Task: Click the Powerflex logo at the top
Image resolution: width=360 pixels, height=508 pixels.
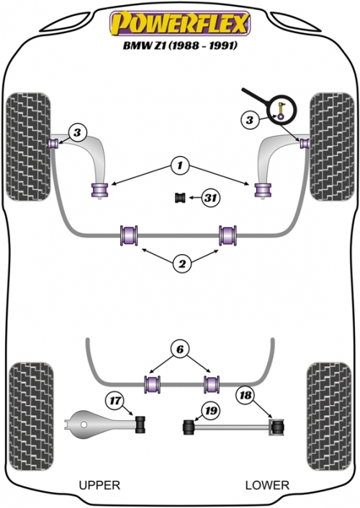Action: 180,23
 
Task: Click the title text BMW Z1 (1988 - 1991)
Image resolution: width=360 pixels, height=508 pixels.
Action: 180,45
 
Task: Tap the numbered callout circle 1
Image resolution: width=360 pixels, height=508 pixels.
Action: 180,166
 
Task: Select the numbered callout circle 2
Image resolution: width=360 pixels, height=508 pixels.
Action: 182,264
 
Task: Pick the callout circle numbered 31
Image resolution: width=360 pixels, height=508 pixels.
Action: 211,197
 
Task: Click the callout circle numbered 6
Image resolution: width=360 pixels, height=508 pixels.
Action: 180,349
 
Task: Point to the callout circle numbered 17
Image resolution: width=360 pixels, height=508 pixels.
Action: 114,401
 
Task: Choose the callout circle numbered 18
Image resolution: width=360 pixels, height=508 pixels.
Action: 246,395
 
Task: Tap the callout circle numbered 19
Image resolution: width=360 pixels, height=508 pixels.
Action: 211,411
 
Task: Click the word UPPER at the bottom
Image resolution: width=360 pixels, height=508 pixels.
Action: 99,485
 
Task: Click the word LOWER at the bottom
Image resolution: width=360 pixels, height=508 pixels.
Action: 267,485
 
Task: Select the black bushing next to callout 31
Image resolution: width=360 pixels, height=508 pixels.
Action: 180,197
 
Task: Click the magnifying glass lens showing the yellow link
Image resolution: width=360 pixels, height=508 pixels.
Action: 282,110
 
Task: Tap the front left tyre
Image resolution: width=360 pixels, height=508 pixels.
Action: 28,147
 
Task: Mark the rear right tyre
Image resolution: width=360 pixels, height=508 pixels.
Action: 329,417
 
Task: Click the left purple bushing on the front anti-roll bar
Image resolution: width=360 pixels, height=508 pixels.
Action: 129,235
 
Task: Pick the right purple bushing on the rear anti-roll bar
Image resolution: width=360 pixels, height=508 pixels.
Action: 212,384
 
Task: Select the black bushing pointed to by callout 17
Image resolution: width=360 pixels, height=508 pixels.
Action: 140,423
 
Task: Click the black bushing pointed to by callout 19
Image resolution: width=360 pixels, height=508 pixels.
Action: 189,427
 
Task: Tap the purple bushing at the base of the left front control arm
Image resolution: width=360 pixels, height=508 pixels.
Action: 99,190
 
